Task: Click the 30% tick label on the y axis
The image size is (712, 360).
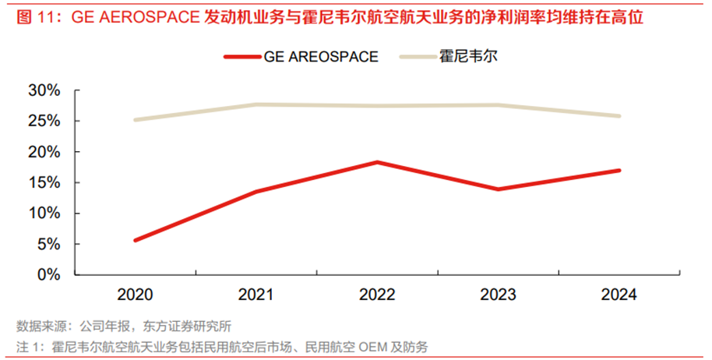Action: point(44,90)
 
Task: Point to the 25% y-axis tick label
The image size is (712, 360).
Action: point(44,121)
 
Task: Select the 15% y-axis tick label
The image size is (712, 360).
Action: point(44,182)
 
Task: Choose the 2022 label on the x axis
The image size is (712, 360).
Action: point(377,295)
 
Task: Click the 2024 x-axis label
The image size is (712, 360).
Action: point(620,295)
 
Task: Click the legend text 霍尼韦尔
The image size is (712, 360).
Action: point(467,56)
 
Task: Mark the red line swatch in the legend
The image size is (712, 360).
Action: point(243,57)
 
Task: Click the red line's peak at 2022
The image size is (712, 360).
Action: point(377,162)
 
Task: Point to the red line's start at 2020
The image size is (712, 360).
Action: point(135,240)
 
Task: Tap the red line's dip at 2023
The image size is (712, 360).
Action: point(499,189)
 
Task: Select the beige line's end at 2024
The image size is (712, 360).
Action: point(619,116)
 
